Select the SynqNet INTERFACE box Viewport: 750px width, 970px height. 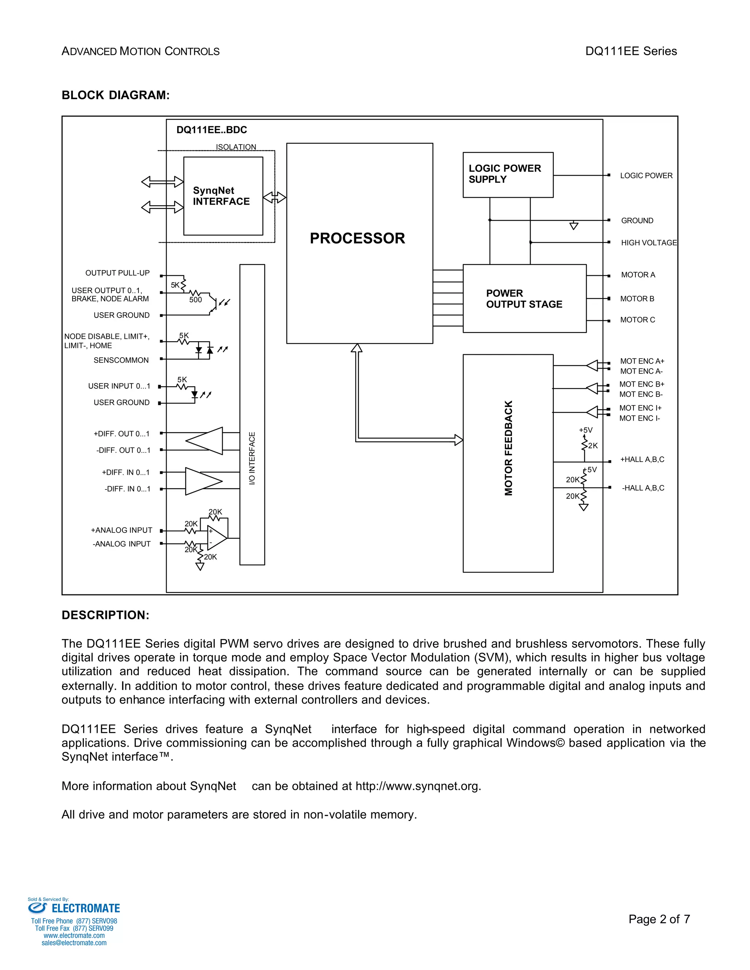(x=223, y=196)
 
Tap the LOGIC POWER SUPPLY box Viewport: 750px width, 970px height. (x=508, y=175)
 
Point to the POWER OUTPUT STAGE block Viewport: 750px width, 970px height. (x=524, y=298)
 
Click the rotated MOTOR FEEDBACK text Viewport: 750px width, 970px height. (x=509, y=448)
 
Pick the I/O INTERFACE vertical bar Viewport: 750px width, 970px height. (x=252, y=414)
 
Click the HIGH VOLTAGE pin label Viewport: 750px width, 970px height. (x=649, y=242)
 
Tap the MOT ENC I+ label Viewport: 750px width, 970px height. (x=640, y=408)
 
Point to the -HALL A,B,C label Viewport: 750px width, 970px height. (x=643, y=488)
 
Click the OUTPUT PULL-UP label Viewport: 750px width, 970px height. (x=117, y=273)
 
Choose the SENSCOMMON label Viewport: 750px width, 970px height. (x=121, y=360)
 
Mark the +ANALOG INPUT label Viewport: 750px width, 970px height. (x=121, y=530)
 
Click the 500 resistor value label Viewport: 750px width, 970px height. (x=196, y=300)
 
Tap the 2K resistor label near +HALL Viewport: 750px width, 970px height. (x=593, y=445)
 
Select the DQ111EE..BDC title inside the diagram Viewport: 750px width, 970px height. (x=212, y=130)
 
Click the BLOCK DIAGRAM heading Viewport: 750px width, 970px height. (x=115, y=95)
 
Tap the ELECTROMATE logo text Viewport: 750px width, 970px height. (x=86, y=908)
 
